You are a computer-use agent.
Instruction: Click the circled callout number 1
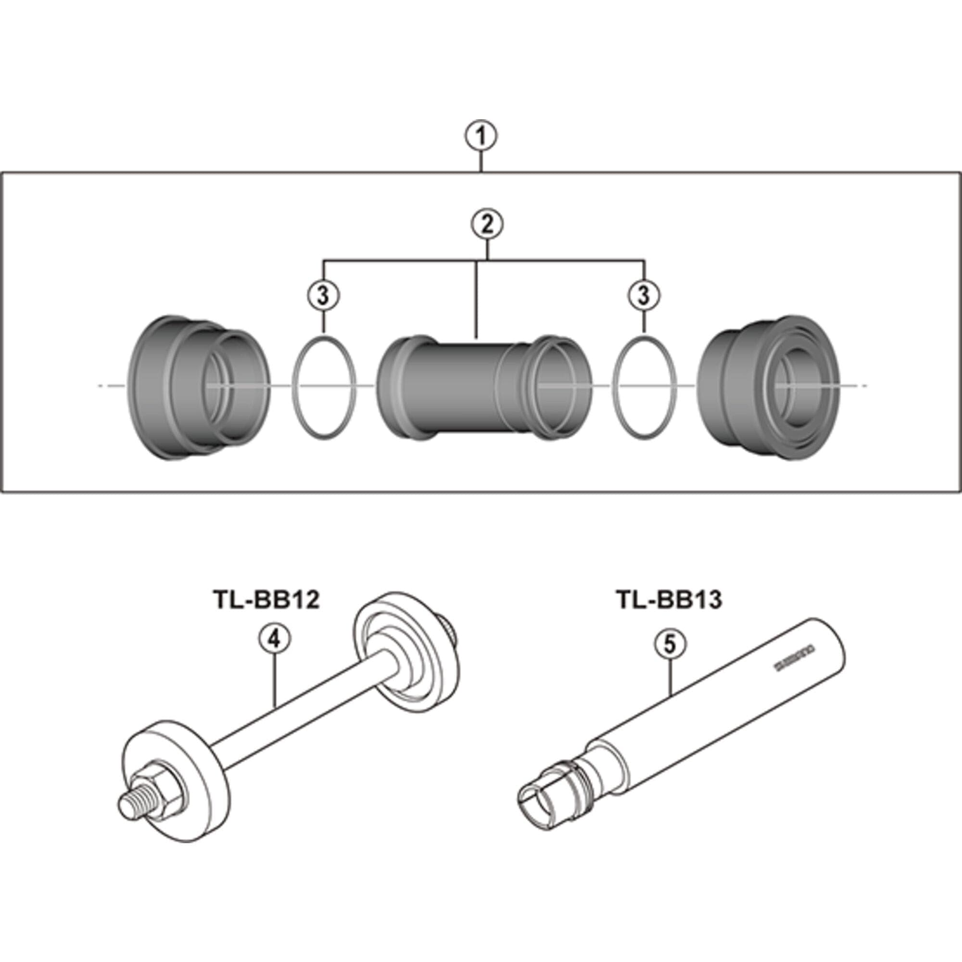[x=481, y=137]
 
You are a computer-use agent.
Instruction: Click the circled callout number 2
[x=487, y=225]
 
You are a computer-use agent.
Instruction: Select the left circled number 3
[x=323, y=296]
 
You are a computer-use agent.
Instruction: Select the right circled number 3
[x=644, y=296]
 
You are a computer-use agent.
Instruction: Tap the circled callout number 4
[x=274, y=639]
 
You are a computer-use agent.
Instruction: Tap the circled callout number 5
[x=670, y=643]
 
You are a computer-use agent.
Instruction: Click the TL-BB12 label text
[x=266, y=599]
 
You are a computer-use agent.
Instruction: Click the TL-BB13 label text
[x=669, y=599]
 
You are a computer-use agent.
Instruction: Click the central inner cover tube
[x=468, y=388]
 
